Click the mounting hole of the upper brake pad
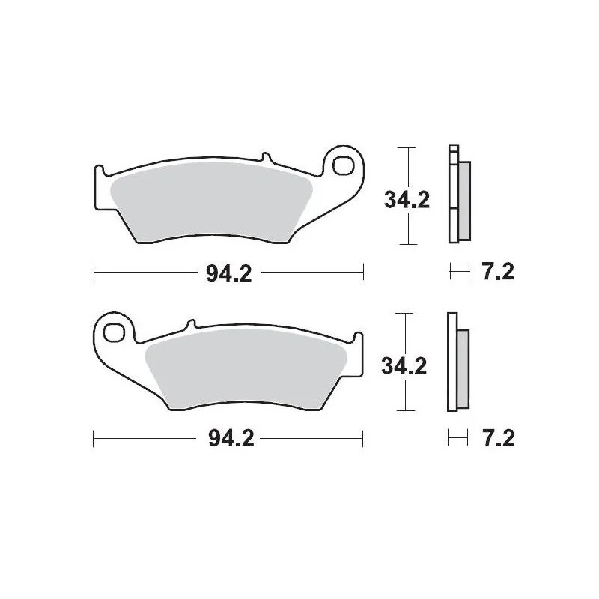[342, 165]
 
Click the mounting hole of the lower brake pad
[115, 332]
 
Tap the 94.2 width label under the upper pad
[229, 273]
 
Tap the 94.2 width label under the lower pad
[231, 439]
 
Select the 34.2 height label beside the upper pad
[407, 200]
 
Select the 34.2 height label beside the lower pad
[404, 366]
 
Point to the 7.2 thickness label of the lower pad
[499, 438]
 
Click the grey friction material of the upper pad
[211, 202]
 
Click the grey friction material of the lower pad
[246, 369]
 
